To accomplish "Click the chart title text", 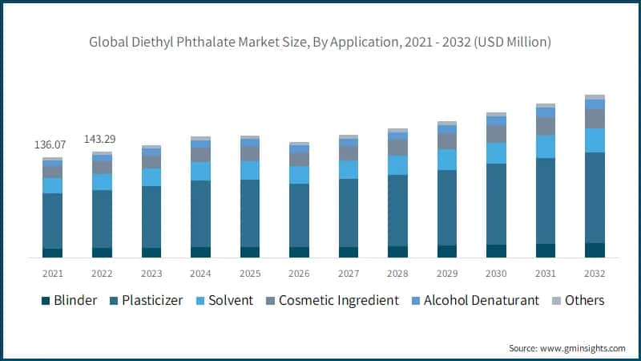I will (320, 41).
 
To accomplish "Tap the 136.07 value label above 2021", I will (50, 144).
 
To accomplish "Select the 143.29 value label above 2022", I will (102, 139).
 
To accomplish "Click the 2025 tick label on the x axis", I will (250, 273).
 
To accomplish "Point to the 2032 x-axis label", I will (595, 273).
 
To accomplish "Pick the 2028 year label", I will (397, 273).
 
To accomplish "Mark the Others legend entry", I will (576, 300).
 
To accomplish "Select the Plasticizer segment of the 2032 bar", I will (595, 197).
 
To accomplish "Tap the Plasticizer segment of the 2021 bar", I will (53, 221).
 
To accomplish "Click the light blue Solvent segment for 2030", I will (496, 153).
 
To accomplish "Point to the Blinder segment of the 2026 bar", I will (299, 252).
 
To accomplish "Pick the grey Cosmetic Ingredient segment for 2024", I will (200, 155).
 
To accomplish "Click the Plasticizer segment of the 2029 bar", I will (447, 208).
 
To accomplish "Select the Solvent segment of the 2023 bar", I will (151, 177).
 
